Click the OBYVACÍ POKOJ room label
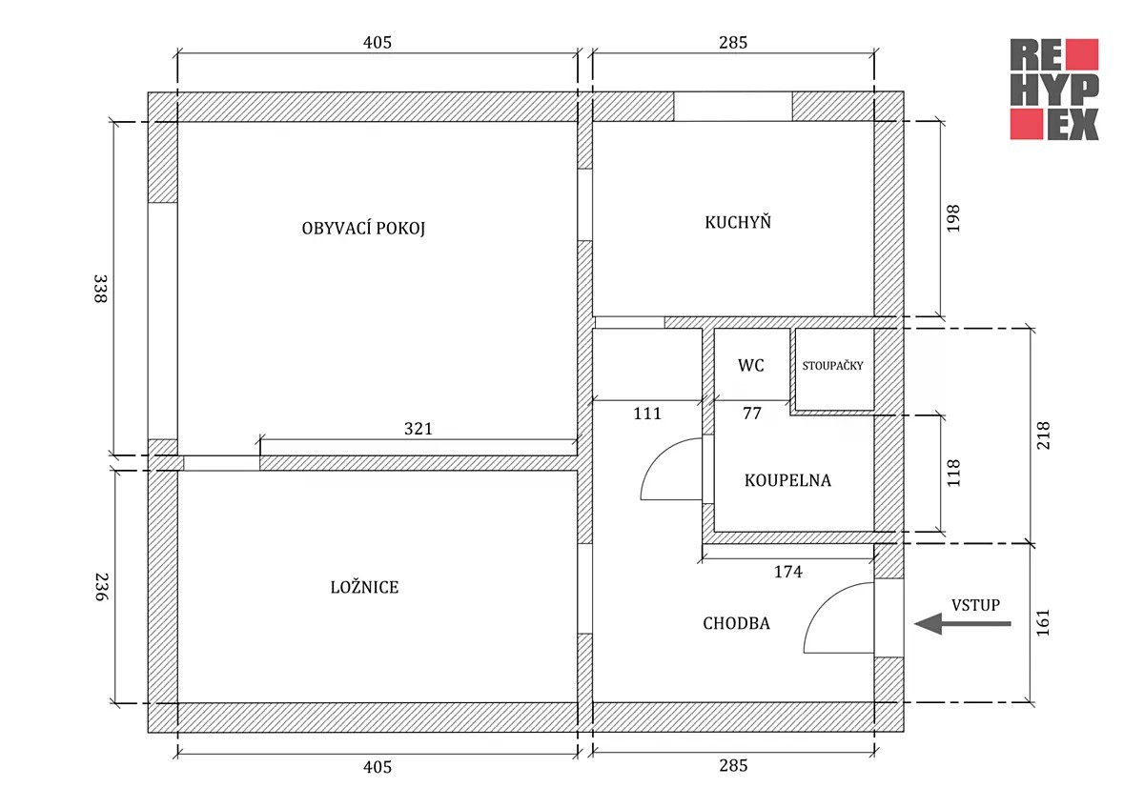pyautogui.click(x=363, y=228)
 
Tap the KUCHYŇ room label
pyautogui.click(x=738, y=222)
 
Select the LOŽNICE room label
pyautogui.click(x=364, y=587)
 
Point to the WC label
pyautogui.click(x=751, y=366)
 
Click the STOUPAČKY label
pyautogui.click(x=832, y=366)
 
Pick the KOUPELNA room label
pyautogui.click(x=787, y=480)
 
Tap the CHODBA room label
pyautogui.click(x=736, y=623)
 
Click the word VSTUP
pyautogui.click(x=975, y=605)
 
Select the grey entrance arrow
pyautogui.click(x=962, y=624)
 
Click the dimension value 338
pyautogui.click(x=100, y=289)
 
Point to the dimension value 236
pyautogui.click(x=102, y=587)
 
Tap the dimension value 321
pyautogui.click(x=419, y=428)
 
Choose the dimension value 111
pyautogui.click(x=647, y=413)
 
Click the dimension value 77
pyautogui.click(x=752, y=413)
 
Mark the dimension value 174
pyautogui.click(x=788, y=571)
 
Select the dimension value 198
pyautogui.click(x=953, y=218)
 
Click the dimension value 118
pyautogui.click(x=953, y=474)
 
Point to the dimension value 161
pyautogui.click(x=1042, y=623)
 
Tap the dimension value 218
pyautogui.click(x=1042, y=435)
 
